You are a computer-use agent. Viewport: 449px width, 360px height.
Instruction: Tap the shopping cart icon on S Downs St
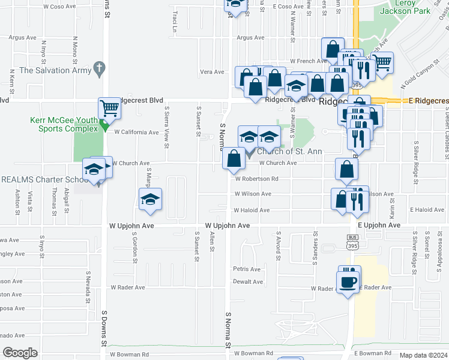pos(109,109)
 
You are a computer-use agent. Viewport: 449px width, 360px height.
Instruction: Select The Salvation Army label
pos(55,70)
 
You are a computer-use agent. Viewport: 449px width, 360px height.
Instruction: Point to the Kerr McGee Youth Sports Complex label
pos(64,124)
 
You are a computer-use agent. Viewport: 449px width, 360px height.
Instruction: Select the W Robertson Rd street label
pos(256,178)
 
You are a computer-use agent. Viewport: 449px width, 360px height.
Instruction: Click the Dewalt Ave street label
pos(248,281)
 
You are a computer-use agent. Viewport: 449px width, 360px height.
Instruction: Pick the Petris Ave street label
pos(247,269)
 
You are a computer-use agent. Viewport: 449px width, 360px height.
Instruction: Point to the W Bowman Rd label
pos(254,353)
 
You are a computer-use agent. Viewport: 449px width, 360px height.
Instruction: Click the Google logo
pos(19,352)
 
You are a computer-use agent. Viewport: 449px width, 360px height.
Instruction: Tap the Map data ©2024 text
pos(423,355)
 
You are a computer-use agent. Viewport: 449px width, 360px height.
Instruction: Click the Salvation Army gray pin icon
pos(100,70)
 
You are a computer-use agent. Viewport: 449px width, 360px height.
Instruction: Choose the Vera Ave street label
pos(212,72)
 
